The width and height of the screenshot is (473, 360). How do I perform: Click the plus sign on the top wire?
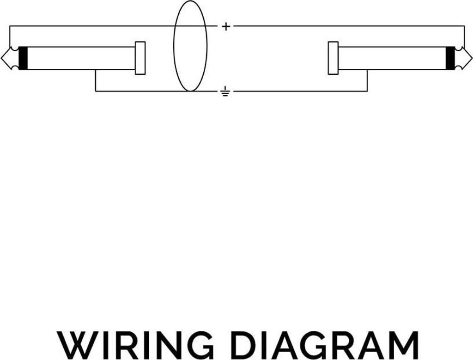225,26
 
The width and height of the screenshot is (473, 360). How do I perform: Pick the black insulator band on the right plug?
450,58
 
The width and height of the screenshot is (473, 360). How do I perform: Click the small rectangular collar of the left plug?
140,58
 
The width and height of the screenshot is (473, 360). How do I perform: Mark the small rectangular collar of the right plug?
333,58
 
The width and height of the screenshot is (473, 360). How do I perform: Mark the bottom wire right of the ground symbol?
300,91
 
